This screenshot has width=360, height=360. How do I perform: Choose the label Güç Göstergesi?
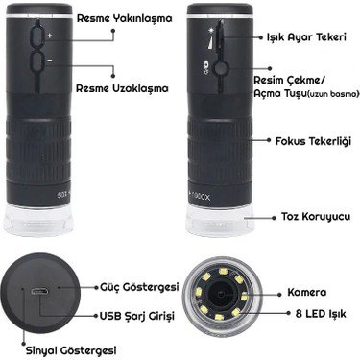(132, 287)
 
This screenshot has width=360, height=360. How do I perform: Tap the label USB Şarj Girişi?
(135, 314)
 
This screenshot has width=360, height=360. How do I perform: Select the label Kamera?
(307, 291)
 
